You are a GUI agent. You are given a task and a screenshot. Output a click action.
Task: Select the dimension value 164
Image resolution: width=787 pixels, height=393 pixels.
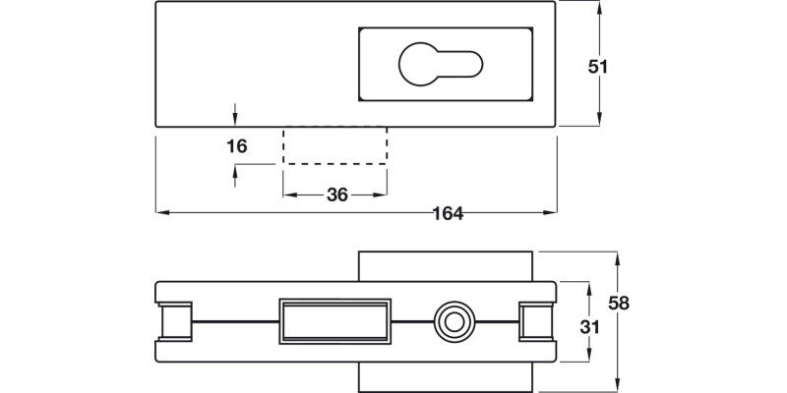click(447, 213)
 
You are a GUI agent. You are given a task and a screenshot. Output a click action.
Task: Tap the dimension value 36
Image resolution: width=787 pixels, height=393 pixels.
click(337, 195)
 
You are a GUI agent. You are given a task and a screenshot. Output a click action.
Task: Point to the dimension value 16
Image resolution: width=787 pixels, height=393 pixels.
click(236, 146)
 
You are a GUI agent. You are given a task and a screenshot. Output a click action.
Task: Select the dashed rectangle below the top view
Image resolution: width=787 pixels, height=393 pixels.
click(334, 145)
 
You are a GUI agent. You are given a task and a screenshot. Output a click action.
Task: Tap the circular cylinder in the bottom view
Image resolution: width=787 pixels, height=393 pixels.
click(453, 322)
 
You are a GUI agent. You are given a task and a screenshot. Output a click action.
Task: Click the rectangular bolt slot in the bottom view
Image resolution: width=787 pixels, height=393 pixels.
click(334, 321)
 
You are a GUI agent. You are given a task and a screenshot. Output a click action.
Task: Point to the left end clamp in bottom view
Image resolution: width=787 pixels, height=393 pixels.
click(175, 322)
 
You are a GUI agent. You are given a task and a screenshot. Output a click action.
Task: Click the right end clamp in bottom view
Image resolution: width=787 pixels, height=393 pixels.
click(536, 322)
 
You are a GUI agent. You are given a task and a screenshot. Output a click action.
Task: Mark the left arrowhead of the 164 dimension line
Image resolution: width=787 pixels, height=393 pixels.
click(161, 212)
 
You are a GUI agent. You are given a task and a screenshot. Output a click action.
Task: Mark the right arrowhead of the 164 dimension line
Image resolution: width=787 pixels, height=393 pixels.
click(552, 212)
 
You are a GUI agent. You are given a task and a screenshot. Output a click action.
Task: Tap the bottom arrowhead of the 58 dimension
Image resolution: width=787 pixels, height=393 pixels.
click(617, 385)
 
